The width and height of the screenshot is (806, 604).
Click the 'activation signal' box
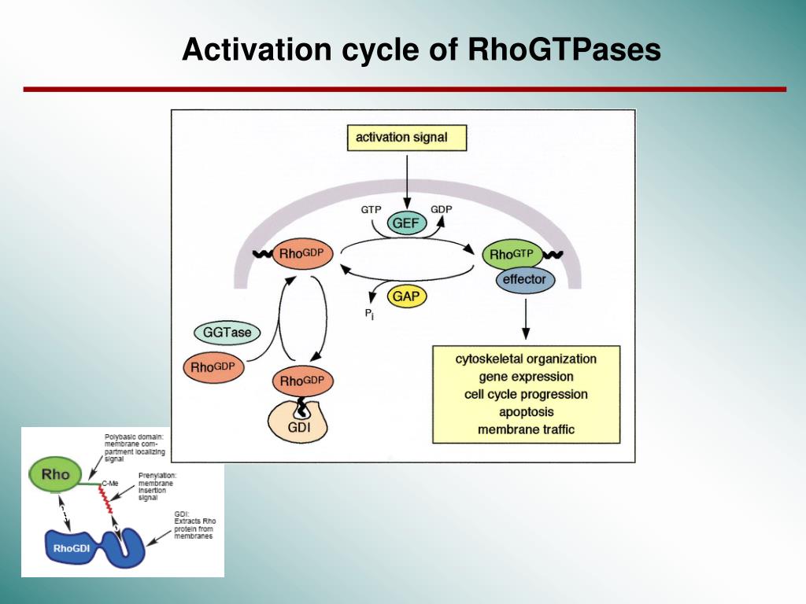[406, 138]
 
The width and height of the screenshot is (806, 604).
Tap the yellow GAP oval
[408, 296]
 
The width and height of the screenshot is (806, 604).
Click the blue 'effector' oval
[524, 279]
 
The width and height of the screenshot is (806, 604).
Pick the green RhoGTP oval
[512, 254]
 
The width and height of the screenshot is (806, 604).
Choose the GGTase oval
[227, 333]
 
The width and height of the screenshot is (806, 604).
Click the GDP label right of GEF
[442, 209]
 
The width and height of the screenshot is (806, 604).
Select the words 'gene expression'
[526, 377]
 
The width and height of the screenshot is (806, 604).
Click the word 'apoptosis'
[526, 411]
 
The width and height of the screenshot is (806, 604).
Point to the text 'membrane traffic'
[526, 429]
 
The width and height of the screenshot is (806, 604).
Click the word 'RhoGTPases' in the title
[564, 50]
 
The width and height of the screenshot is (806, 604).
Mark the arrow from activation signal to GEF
[406, 181]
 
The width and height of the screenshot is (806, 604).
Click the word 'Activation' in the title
[257, 50]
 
